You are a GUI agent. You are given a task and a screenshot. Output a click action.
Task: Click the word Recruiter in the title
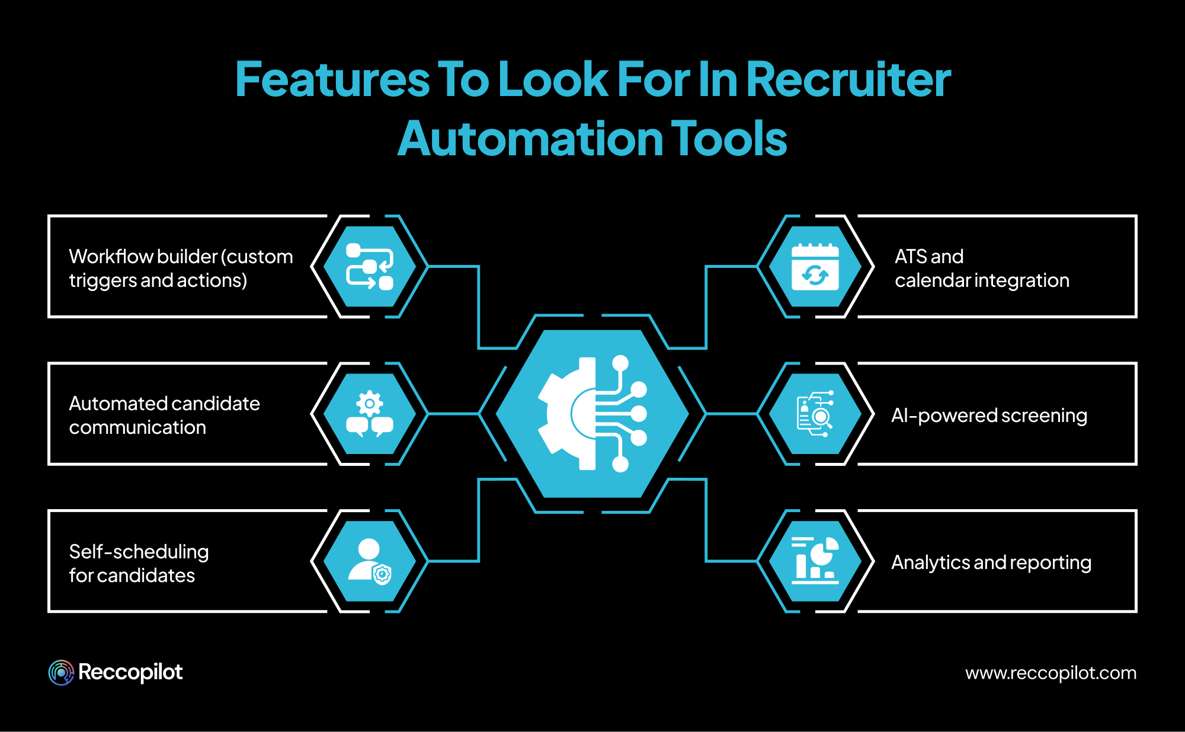pos(848,79)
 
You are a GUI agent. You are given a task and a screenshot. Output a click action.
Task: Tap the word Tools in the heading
pos(728,139)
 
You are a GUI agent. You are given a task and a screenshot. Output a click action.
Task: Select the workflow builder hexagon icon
pos(370,267)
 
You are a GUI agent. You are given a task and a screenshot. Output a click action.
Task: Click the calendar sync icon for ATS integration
pos(815,267)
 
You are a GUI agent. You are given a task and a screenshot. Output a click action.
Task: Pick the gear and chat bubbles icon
pos(370,414)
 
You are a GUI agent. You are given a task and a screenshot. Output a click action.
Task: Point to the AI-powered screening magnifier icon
pos(815,414)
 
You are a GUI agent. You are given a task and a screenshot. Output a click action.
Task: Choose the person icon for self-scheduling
pos(370,561)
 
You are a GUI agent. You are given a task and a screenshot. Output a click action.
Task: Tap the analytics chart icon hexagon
pos(815,561)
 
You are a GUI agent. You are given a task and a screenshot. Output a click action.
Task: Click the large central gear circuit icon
pos(592,414)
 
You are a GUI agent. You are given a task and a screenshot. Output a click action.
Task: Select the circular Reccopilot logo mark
pos(61,673)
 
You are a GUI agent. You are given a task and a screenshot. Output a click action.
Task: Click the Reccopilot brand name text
pos(130,673)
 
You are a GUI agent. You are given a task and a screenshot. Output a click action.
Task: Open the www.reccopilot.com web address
pos(1051,673)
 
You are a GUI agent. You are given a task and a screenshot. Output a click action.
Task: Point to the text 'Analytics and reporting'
pos(991,562)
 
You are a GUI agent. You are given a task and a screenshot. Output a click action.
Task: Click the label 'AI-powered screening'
pos(989,415)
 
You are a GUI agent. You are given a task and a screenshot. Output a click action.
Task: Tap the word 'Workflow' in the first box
pos(111,257)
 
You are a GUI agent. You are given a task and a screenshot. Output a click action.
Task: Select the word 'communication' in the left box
pos(137,427)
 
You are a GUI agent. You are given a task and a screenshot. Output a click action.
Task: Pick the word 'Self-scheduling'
pos(139,552)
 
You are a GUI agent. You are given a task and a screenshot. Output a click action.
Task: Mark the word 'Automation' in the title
pos(530,139)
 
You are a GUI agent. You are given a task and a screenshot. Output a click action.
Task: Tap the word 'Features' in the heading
pos(332,79)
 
